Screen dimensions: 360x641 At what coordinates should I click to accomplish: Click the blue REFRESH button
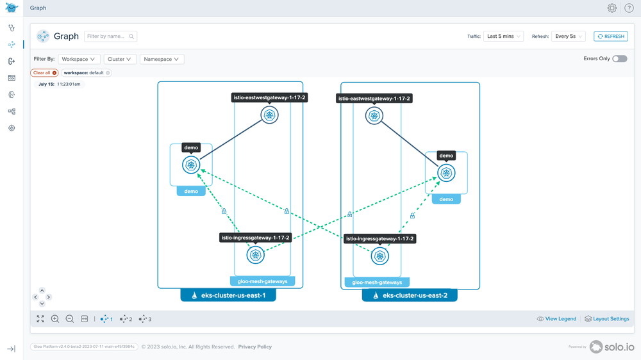610,37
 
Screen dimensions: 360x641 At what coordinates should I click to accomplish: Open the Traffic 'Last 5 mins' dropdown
503,37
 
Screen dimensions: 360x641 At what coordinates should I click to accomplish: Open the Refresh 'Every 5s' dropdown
568,37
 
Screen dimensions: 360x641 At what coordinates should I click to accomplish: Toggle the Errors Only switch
619,59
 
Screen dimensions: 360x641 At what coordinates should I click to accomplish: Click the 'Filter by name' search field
110,37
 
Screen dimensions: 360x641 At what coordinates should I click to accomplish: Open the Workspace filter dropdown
78,59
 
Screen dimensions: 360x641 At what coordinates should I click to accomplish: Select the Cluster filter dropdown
119,59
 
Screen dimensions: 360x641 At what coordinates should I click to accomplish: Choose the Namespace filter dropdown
162,59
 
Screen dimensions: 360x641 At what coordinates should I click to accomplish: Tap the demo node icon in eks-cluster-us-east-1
191,165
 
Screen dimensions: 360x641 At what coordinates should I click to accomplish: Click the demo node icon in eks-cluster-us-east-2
446,173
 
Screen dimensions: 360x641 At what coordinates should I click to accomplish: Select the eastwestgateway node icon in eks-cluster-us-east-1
269,115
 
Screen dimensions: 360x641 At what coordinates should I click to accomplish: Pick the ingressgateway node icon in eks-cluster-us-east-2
380,256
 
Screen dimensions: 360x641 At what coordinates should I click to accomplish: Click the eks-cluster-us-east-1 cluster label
228,296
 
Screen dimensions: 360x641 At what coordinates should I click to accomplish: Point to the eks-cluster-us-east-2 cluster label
410,296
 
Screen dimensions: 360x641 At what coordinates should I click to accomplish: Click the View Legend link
556,319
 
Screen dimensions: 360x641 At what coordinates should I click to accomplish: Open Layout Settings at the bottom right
606,319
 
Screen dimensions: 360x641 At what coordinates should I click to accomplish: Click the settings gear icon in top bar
612,8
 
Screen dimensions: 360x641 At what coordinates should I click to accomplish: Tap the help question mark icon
629,8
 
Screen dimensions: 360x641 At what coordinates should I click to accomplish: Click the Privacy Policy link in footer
255,347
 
